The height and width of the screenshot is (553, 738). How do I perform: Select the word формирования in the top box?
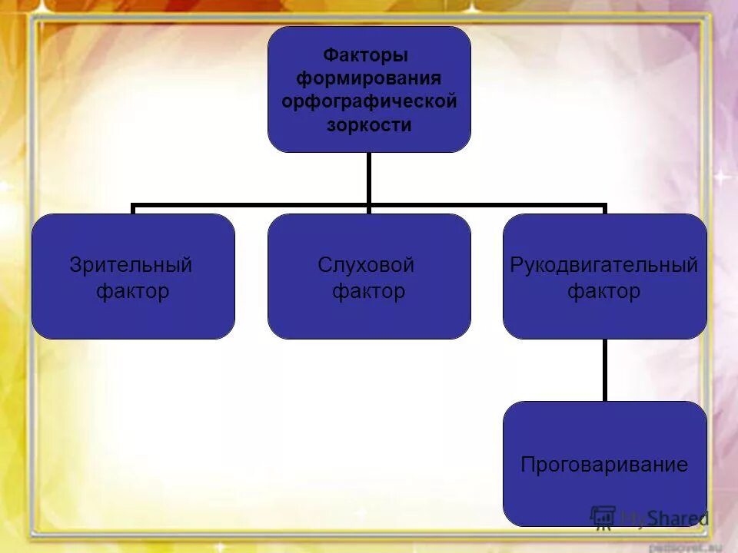pos(369,78)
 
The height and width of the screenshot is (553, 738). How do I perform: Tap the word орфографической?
pos(369,101)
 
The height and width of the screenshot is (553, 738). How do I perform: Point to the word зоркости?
pos(369,124)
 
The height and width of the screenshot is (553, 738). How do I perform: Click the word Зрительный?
pos(131,265)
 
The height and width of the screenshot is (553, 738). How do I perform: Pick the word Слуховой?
pos(366,265)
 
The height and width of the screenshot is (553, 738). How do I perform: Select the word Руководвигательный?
pos(604,265)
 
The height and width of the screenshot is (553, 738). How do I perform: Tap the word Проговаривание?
pos(604,465)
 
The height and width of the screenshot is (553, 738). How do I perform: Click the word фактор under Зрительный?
pos(132,292)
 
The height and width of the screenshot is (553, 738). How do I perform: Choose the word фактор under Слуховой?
pos(368,292)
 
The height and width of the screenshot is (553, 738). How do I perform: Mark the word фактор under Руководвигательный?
pos(603,292)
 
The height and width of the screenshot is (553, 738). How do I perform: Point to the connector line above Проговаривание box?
pos(604,369)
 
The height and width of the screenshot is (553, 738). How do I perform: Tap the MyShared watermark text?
pos(664,518)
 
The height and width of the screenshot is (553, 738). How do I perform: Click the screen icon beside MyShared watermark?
pos(603,517)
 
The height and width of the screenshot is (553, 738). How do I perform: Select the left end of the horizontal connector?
pos(135,206)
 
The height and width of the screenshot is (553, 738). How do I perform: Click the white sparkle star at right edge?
pos(721,178)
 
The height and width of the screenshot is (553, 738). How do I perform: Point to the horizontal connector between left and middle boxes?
pos(251,205)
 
